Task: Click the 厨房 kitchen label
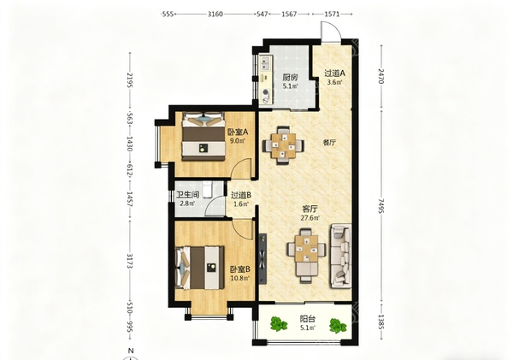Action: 290,78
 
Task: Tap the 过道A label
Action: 334,74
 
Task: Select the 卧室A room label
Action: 239,133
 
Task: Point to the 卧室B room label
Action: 239,269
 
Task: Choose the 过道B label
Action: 241,195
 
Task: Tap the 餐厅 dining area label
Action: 329,143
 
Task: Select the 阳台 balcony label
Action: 308,318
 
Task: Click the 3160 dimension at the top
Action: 215,14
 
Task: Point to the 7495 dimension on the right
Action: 380,205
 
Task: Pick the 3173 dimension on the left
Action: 130,261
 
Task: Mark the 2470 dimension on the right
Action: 380,76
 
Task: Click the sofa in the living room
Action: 341,256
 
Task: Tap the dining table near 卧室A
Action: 283,145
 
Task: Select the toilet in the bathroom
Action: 208,190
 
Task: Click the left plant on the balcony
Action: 279,324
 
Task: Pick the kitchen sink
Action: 265,63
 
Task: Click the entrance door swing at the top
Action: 330,32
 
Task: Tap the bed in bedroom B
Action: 200,268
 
